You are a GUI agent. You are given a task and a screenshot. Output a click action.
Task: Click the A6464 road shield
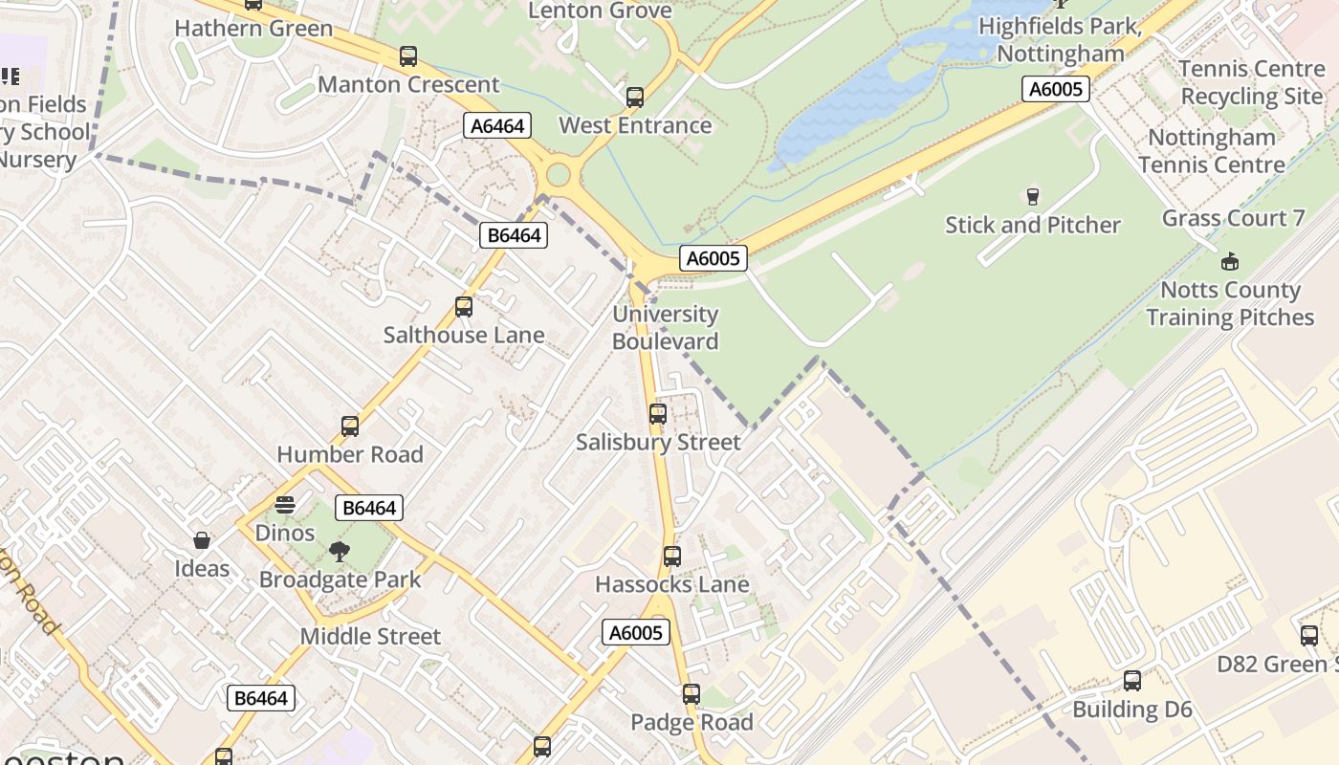coord(498,125)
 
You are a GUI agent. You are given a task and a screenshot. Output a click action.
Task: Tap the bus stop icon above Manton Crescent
coord(408,56)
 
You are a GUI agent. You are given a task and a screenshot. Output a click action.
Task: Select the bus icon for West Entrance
coord(635,98)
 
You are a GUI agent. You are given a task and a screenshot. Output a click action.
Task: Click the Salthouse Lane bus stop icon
coord(464,307)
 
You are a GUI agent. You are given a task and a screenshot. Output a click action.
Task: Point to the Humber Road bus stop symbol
coord(350,426)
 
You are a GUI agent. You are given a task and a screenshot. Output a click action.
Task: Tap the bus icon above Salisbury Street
coord(658,414)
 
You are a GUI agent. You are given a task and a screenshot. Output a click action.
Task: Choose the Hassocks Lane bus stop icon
coord(672,557)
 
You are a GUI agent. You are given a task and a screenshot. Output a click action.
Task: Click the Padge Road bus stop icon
coord(691,694)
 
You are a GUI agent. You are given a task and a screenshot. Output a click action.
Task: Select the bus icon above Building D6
coord(1132,681)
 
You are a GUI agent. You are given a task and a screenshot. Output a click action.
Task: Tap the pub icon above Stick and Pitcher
coord(1032,197)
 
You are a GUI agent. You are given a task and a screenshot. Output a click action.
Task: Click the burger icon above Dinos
coord(285,504)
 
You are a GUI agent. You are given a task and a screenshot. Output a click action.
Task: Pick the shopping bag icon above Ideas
coord(202,541)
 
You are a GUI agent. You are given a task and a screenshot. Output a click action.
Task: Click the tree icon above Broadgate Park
coord(340,552)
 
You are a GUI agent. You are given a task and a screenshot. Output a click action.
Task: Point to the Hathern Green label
coord(253,28)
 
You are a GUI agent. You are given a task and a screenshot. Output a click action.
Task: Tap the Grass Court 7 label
coord(1233,218)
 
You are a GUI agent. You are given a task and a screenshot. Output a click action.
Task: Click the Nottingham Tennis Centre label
coord(1212,151)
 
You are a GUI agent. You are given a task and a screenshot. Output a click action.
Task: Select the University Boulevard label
coord(665,327)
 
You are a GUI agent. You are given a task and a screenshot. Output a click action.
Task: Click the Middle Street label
coord(370,636)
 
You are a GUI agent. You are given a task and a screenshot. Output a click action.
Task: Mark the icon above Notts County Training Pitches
coord(1230,262)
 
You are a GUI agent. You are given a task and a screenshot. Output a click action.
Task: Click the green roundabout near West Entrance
coord(558,175)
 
